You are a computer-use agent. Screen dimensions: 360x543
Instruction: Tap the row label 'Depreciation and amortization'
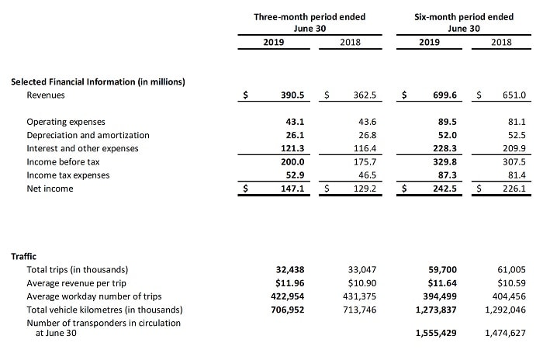point(88,135)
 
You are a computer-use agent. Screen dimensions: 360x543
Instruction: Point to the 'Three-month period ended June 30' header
point(310,22)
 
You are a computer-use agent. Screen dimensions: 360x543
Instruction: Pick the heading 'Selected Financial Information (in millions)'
point(98,81)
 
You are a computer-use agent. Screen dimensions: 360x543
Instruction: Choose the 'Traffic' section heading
point(25,255)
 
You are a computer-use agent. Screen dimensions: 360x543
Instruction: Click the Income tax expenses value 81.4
point(515,175)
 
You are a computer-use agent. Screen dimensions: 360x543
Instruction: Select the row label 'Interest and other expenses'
point(82,148)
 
